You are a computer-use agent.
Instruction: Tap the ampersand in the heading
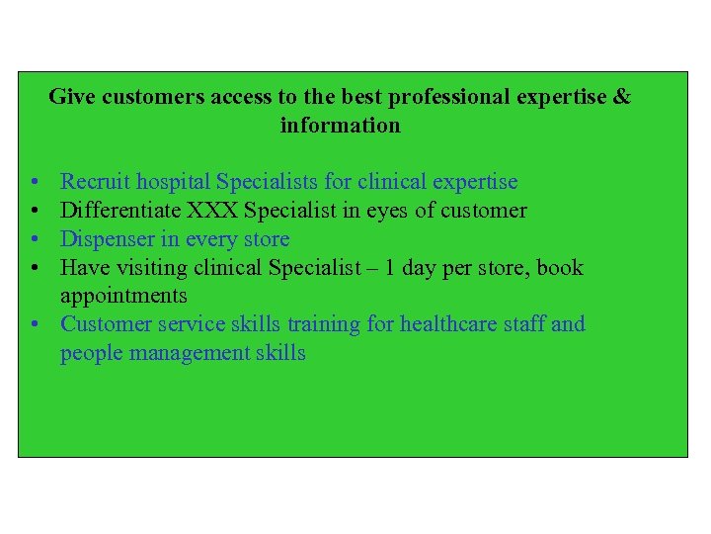[x=621, y=97]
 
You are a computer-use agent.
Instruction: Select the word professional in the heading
[x=449, y=97]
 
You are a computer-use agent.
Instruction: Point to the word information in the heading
[x=341, y=126]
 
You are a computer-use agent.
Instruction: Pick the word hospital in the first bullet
[x=174, y=182]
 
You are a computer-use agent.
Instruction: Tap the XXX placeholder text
[x=214, y=211]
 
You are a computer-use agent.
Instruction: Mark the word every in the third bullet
[x=206, y=239]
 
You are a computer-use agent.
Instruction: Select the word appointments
[x=123, y=296]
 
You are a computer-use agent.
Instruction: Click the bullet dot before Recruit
[x=34, y=183]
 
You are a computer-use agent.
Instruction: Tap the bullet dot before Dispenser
[x=34, y=240]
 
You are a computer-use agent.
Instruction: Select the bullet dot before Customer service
[x=34, y=325]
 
